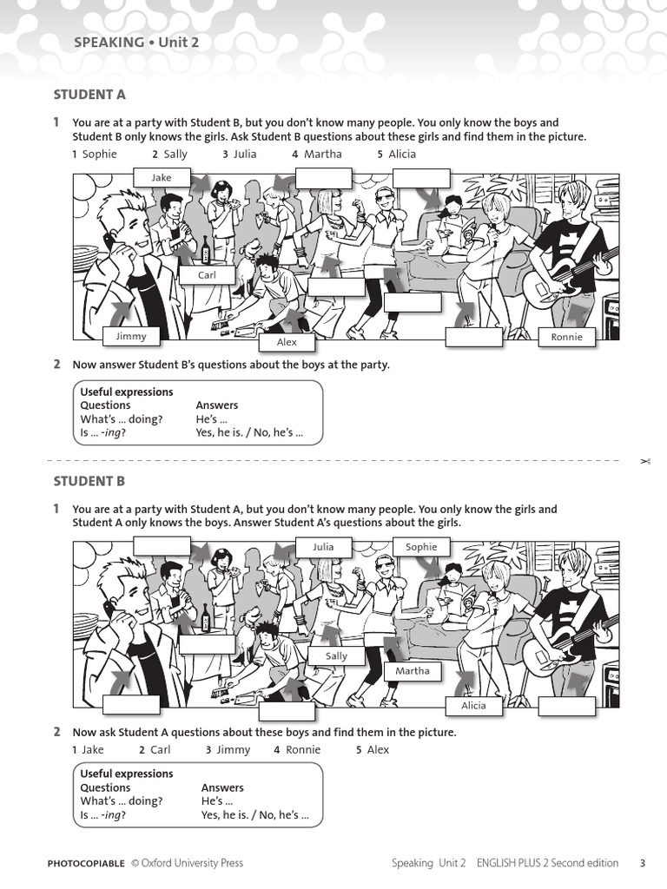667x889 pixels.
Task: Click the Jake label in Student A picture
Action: click(162, 177)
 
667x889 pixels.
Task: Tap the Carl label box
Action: click(207, 275)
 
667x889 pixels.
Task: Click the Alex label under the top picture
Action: click(287, 342)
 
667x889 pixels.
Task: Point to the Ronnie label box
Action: click(566, 337)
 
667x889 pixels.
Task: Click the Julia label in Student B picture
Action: click(323, 547)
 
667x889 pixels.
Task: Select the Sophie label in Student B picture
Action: click(421, 547)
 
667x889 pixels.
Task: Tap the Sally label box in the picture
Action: click(336, 656)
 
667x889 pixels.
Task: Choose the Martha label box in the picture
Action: click(413, 671)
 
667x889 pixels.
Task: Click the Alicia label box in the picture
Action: click(473, 706)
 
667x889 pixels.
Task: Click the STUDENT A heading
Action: click(89, 95)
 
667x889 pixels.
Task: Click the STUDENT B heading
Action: click(89, 481)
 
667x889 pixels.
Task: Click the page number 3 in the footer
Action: click(642, 863)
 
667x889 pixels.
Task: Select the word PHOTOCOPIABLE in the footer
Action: click(86, 863)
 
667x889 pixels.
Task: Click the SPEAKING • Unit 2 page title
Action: click(130, 42)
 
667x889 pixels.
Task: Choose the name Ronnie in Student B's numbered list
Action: click(302, 749)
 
